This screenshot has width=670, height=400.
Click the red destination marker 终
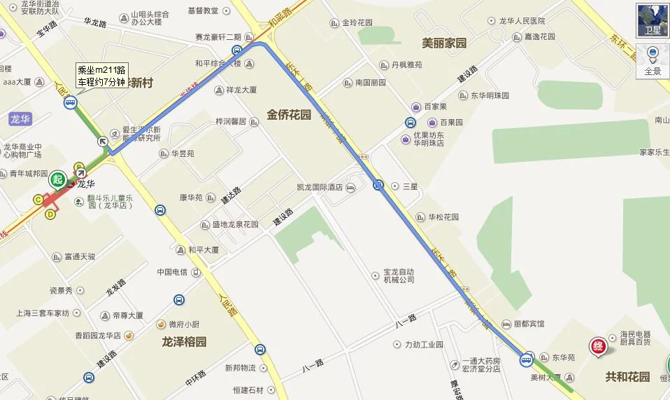[599, 345]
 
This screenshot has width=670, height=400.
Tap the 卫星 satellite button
[652, 20]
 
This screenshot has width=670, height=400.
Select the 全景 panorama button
[652, 62]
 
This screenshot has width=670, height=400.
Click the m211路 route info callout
[101, 76]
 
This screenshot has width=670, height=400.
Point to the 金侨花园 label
[288, 115]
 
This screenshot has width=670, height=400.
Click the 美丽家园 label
[444, 43]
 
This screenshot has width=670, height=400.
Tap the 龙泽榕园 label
[185, 342]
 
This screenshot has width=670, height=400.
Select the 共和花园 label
[627, 377]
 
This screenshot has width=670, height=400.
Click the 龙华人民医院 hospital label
[522, 21]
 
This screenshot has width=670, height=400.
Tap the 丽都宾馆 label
[529, 324]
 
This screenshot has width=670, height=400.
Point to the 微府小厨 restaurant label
[184, 324]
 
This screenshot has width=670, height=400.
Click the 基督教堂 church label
[204, 11]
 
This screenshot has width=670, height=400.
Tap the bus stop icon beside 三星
[378, 186]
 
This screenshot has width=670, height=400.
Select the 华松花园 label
[443, 217]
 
